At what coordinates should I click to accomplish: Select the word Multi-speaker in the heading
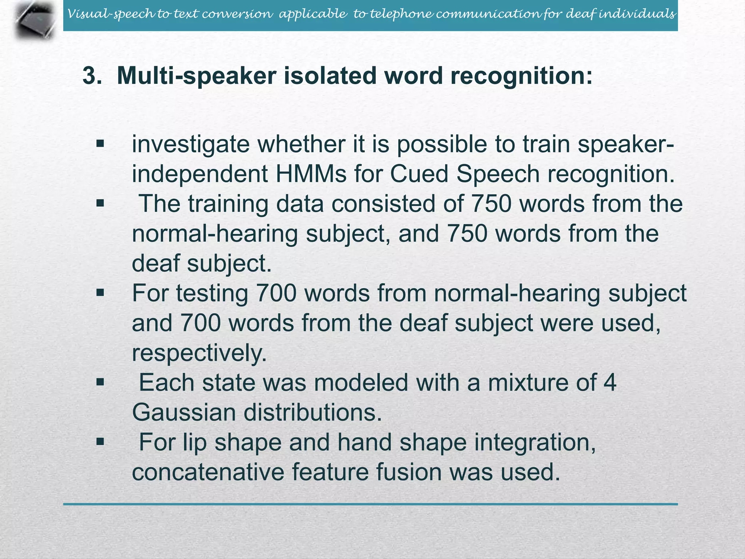tap(196, 76)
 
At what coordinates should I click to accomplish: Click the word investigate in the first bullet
tap(191, 144)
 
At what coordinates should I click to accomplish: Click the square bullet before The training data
tap(100, 203)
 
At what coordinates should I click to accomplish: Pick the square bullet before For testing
tap(100, 293)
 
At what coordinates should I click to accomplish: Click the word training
tap(228, 204)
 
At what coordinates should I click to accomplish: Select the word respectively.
tap(199, 353)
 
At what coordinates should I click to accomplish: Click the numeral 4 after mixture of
tap(610, 383)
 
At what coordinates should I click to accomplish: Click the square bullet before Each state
tap(100, 382)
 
